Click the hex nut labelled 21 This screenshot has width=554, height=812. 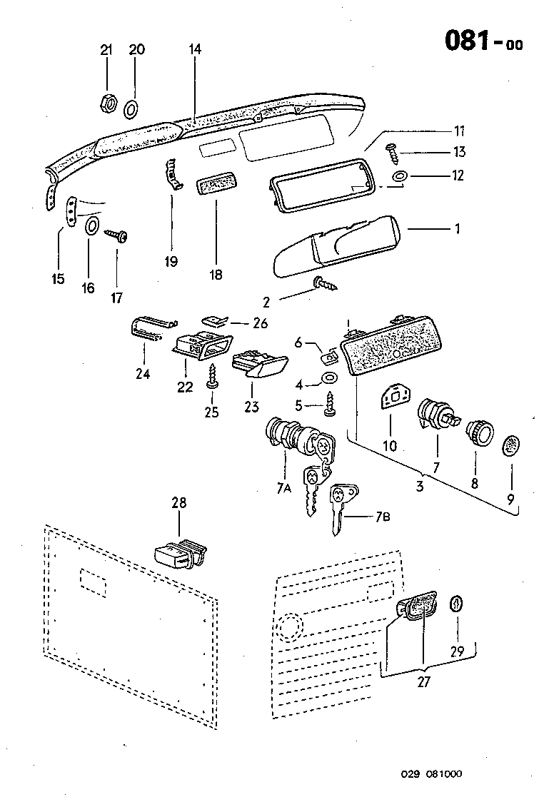click(x=106, y=103)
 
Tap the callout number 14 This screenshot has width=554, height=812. click(x=196, y=49)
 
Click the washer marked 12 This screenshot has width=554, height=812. click(x=398, y=175)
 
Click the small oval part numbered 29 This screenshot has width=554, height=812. click(x=455, y=604)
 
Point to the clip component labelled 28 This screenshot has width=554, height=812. click(x=178, y=552)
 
